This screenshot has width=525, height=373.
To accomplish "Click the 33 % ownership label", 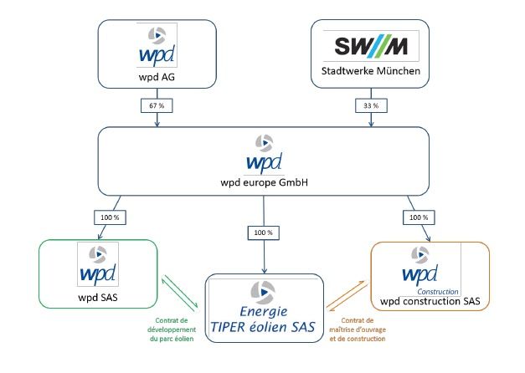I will click(370, 106).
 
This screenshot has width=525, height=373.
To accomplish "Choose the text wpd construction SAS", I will click(430, 300).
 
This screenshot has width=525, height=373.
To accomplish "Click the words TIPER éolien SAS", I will click(264, 327).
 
